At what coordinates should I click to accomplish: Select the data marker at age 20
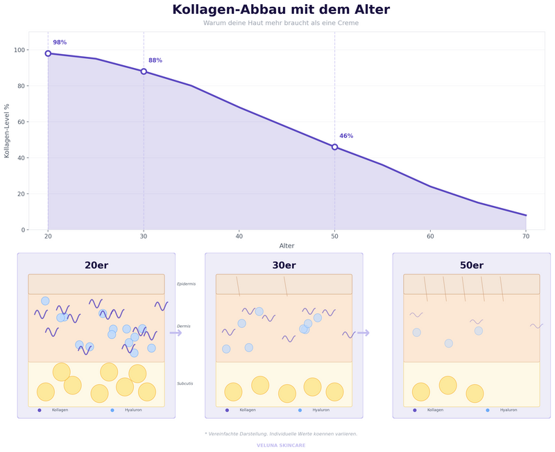[x=48, y=53]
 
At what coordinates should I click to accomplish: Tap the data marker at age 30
[x=144, y=71]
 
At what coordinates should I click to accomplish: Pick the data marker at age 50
[x=334, y=147]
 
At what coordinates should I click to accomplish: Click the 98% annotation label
[x=60, y=42]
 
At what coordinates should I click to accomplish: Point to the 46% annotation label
[x=346, y=136]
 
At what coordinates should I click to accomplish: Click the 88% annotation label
[x=155, y=60]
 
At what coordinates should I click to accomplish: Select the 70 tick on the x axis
[x=526, y=236]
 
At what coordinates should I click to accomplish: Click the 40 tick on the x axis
[x=239, y=236]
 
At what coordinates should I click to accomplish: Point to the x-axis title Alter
[x=287, y=246]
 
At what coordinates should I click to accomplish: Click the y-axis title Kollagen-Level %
[x=7, y=130]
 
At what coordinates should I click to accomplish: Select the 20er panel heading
[x=96, y=266]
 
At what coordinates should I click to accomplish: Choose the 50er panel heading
[x=472, y=266]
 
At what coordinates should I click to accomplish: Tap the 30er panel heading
[x=284, y=266]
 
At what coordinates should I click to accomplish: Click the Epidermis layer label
[x=186, y=284]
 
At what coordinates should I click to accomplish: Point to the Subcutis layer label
[x=185, y=383]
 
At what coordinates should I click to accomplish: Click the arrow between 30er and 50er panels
[x=364, y=333]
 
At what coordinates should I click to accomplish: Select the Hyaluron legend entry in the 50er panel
[x=508, y=410]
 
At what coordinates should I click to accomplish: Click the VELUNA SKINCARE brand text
[x=281, y=445]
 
